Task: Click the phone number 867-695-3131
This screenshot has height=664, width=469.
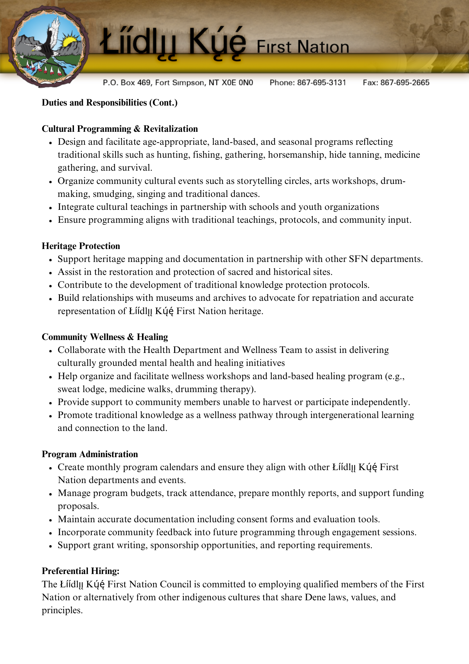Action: click(321, 83)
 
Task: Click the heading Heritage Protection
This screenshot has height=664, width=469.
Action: click(81, 246)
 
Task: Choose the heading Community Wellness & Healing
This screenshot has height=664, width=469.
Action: click(105, 337)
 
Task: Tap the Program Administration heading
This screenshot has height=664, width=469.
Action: click(90, 454)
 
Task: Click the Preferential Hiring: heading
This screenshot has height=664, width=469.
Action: click(81, 571)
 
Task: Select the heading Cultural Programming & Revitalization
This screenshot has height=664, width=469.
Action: click(120, 129)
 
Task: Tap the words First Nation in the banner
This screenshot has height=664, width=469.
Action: click(303, 47)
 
